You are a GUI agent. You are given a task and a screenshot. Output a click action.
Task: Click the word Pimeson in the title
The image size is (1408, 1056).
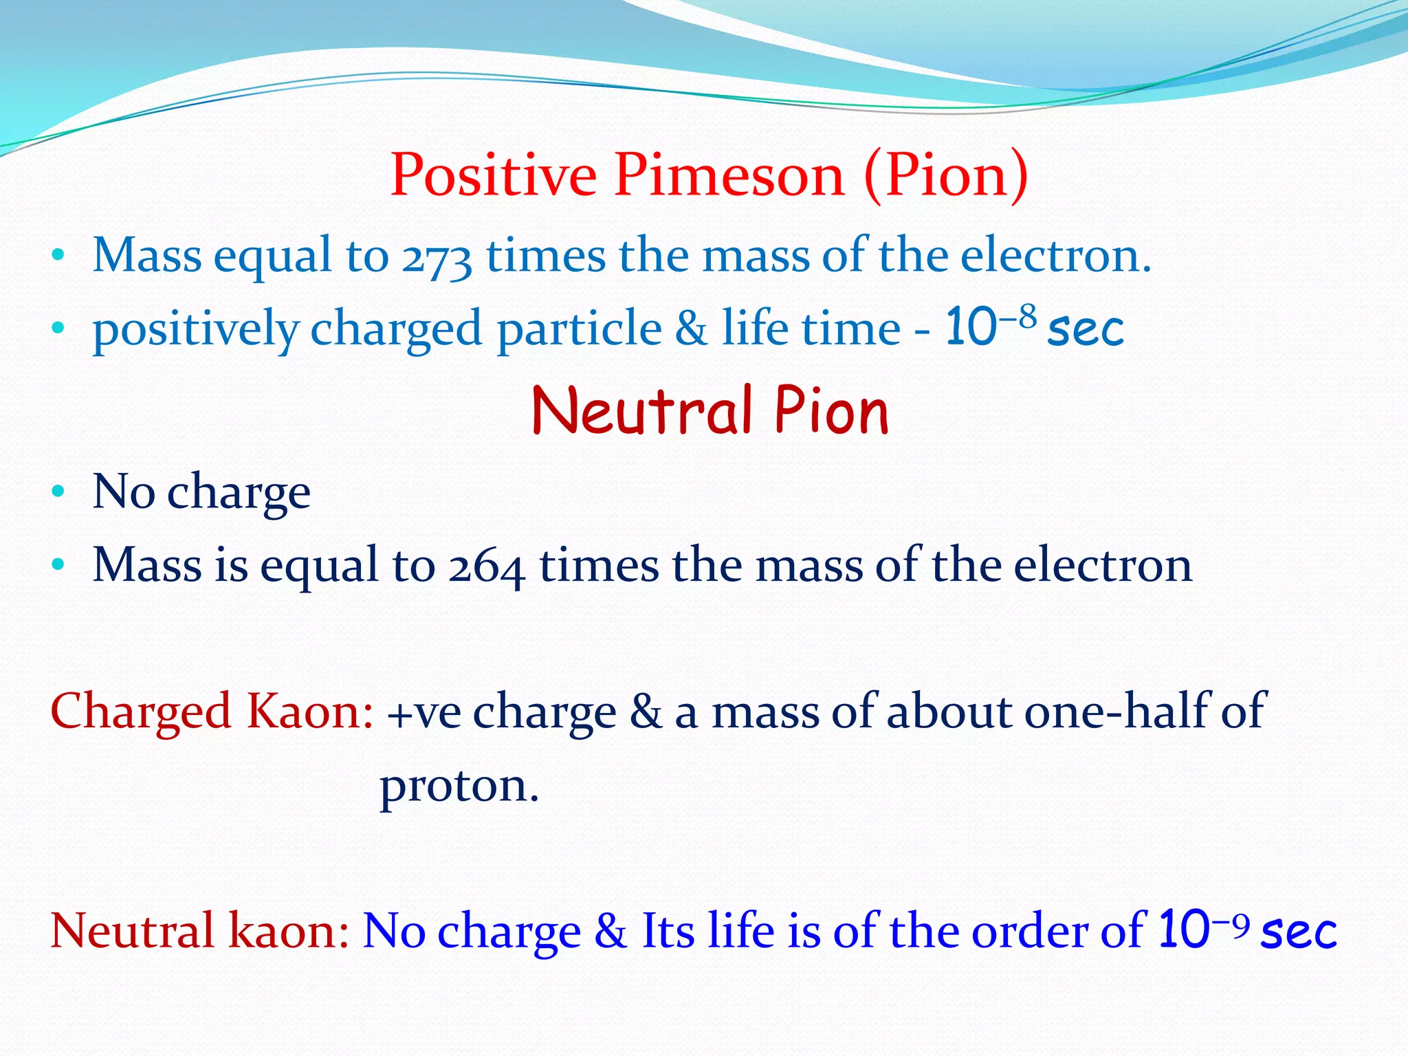(729, 175)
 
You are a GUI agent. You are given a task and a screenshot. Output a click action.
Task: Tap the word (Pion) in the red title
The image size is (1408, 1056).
(945, 175)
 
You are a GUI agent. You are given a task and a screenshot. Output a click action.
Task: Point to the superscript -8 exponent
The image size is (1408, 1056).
(1017, 317)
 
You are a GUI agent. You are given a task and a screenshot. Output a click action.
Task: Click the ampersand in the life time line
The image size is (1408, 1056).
(690, 329)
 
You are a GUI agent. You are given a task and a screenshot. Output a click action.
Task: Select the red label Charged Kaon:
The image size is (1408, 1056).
(212, 712)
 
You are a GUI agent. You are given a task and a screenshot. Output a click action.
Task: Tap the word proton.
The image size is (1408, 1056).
(459, 786)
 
